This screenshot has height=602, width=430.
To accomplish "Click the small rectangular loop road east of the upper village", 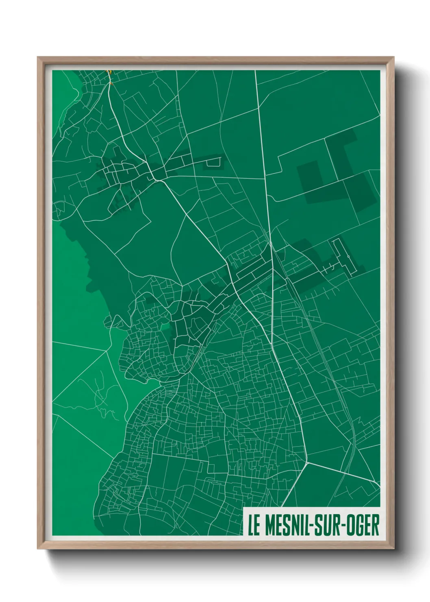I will (x=214, y=162).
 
